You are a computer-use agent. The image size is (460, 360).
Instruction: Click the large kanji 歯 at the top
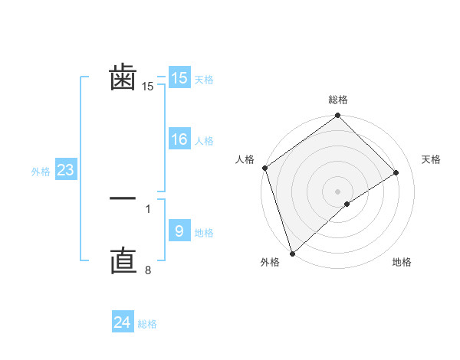click(123, 79)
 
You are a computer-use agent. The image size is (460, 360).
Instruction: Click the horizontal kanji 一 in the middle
click(123, 198)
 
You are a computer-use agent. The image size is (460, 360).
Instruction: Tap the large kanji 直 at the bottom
click(123, 261)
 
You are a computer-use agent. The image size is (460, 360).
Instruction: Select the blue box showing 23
click(65, 170)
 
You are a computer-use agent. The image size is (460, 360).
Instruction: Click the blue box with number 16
click(179, 139)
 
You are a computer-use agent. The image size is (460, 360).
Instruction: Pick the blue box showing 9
click(179, 231)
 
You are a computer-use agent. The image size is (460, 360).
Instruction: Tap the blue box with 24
click(123, 322)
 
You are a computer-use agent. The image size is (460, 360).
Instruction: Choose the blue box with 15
click(179, 78)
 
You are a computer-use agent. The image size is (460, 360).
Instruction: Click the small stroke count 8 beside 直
click(148, 269)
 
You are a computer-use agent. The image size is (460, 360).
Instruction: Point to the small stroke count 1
click(148, 208)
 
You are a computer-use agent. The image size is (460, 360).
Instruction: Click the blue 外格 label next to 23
click(41, 172)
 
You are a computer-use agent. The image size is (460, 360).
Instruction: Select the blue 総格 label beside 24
click(147, 324)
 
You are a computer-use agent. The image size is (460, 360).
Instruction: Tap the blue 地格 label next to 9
click(204, 232)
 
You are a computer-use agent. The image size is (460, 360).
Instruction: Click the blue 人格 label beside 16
click(204, 141)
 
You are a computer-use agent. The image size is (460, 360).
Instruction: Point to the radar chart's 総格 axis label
click(338, 100)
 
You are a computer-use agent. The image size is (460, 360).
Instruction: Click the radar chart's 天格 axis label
click(432, 159)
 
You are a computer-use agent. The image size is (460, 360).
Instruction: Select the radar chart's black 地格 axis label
click(402, 262)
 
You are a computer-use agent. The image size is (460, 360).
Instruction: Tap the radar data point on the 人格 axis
click(264, 168)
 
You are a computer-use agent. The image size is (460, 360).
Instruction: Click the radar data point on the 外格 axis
click(292, 253)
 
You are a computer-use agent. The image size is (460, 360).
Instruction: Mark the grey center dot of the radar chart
click(338, 191)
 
